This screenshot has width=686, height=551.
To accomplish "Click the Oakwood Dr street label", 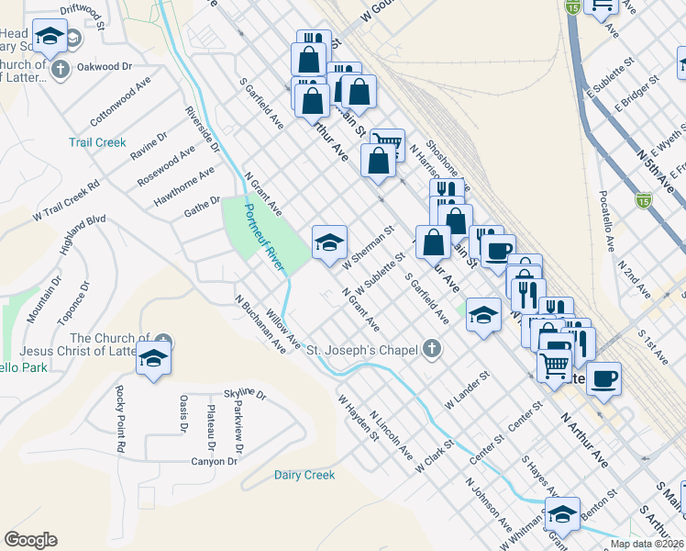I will pyautogui.click(x=105, y=67).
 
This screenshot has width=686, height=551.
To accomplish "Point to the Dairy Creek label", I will pyautogui.click(x=304, y=475).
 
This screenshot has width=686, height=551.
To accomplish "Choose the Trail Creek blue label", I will pyautogui.click(x=97, y=142).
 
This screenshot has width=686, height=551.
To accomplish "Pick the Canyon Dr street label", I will pyautogui.click(x=214, y=461).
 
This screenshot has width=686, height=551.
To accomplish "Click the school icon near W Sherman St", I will pyautogui.click(x=329, y=242).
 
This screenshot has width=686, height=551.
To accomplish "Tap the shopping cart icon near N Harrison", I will pyautogui.click(x=387, y=143).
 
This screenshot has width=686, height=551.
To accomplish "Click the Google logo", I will pyautogui.click(x=30, y=540).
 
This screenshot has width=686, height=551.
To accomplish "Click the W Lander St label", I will pyautogui.click(x=468, y=391).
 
